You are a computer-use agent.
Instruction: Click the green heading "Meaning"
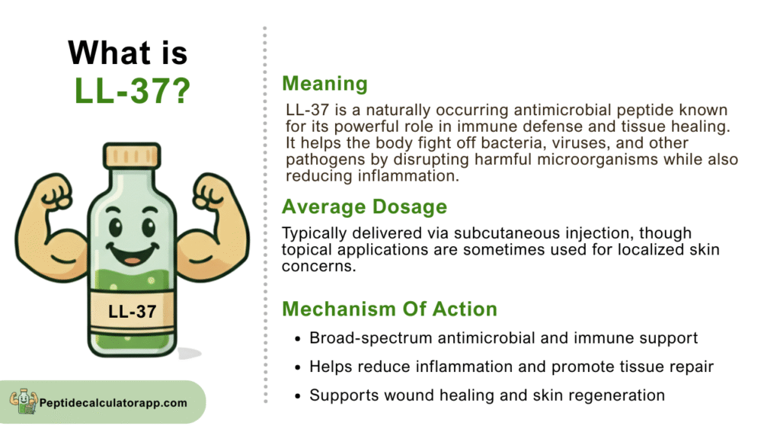pos(324,84)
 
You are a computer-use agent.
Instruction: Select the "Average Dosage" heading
pos(365,207)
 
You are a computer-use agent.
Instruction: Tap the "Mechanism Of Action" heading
pos(389,309)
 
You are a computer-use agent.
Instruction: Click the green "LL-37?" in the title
pos(133,91)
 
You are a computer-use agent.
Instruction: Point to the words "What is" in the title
pos(128,53)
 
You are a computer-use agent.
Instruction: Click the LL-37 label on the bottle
pos(133,312)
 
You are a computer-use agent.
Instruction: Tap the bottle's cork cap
pos(132,155)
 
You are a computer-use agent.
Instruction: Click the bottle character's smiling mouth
pos(133,254)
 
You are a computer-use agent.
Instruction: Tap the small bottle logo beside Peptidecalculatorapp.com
pos(24,401)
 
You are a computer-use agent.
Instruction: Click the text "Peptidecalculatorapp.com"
pos(113,402)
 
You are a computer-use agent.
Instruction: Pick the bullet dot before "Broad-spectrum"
pos(298,339)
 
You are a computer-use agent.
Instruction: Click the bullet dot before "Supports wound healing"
pos(298,396)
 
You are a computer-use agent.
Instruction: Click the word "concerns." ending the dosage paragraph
pos(319,266)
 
